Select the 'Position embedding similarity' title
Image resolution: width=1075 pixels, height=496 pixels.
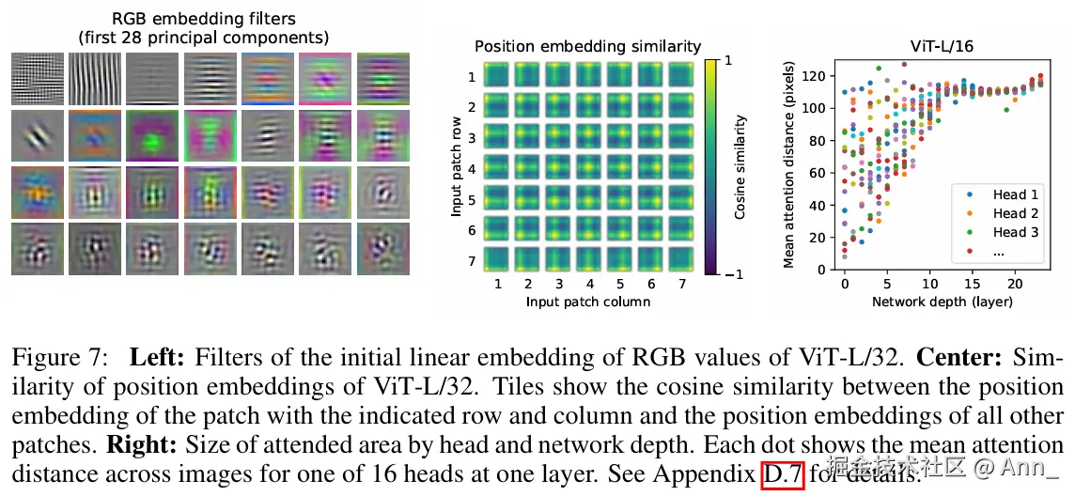point(587,45)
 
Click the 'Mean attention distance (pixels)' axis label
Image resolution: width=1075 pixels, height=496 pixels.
point(789,166)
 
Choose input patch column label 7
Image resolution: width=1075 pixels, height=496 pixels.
point(679,284)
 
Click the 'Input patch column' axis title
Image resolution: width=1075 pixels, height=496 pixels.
point(588,302)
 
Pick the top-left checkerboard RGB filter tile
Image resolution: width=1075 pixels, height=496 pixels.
point(38,78)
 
